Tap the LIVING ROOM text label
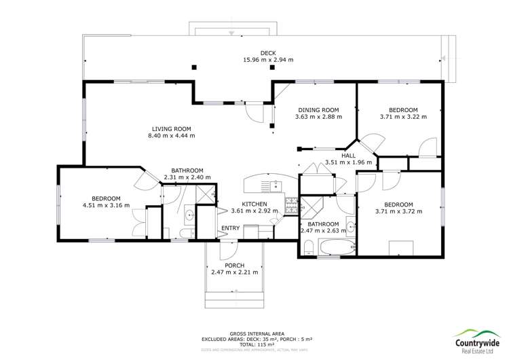pyautogui.click(x=171, y=128)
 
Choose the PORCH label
pyautogui.click(x=234, y=265)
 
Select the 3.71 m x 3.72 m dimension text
pyautogui.click(x=398, y=211)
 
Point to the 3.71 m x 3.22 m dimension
pyautogui.click(x=403, y=117)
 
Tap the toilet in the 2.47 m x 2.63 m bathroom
pyautogui.click(x=309, y=245)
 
